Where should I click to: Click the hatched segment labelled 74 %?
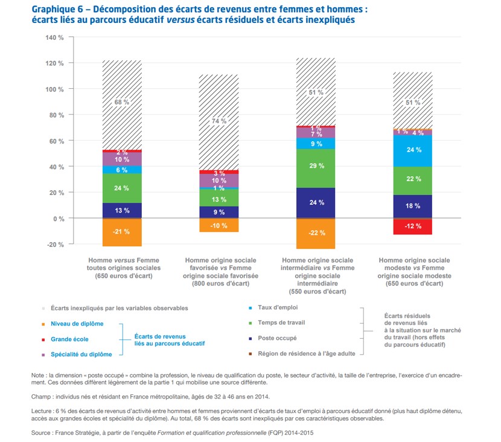click(x=219, y=121)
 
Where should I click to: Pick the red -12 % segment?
click(x=413, y=226)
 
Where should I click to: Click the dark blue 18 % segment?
click(x=413, y=207)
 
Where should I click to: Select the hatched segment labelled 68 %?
click(x=122, y=103)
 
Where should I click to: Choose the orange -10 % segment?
click(x=219, y=225)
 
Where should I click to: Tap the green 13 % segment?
click(x=219, y=198)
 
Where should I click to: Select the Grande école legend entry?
click(x=69, y=339)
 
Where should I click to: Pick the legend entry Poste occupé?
click(x=277, y=338)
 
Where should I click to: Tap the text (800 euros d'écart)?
click(x=219, y=283)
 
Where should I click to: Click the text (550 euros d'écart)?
click(x=316, y=291)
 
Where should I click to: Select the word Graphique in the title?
click(x=54, y=9)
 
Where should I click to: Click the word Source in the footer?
click(x=43, y=433)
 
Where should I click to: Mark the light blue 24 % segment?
click(x=413, y=150)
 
